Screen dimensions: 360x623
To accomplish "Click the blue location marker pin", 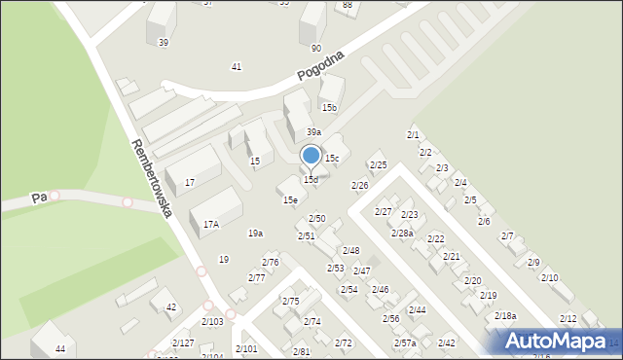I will pyautogui.click(x=311, y=157).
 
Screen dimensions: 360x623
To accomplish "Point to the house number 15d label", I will pyautogui.click(x=311, y=180).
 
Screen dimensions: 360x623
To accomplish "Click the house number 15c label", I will pyautogui.click(x=332, y=158).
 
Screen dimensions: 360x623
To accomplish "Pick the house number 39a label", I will pyautogui.click(x=313, y=132).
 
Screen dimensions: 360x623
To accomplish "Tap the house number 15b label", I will pyautogui.click(x=330, y=108).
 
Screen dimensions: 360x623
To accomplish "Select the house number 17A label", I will pyautogui.click(x=211, y=224).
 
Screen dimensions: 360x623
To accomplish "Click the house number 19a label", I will pyautogui.click(x=255, y=234).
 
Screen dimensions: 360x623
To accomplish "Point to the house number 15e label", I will pyautogui.click(x=290, y=200).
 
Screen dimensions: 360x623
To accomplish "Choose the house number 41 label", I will pyautogui.click(x=236, y=66).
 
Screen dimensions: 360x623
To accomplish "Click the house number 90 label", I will pyautogui.click(x=316, y=48).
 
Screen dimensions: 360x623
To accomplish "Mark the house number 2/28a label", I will pyautogui.click(x=402, y=234).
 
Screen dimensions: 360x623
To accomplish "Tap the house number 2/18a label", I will pyautogui.click(x=505, y=316).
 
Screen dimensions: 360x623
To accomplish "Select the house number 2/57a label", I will pyautogui.click(x=405, y=343).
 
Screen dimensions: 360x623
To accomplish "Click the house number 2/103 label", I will pyautogui.click(x=212, y=322).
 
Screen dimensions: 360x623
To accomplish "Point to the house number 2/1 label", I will pyautogui.click(x=413, y=134).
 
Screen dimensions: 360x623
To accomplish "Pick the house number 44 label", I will pyautogui.click(x=60, y=348).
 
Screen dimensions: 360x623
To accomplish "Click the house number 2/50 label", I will pyautogui.click(x=316, y=219).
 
